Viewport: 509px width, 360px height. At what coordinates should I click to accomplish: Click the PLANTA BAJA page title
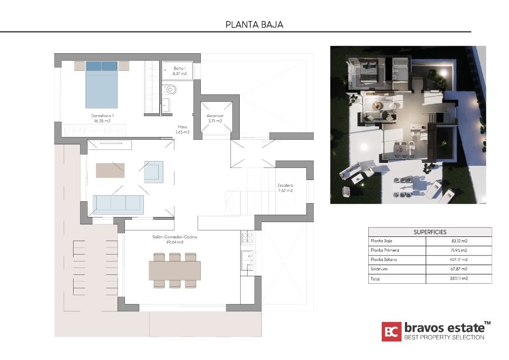pos(254,25)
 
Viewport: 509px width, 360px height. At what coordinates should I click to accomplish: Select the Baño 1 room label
pos(180,70)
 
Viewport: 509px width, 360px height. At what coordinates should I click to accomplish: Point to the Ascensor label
pos(215,118)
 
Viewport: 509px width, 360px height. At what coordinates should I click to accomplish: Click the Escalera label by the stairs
pos(285,187)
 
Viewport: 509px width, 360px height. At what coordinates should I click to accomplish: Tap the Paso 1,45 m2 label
pos(182,129)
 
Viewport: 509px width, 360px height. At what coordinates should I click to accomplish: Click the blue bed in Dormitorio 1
pos(102,86)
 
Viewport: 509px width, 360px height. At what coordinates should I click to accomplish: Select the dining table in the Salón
pos(174,271)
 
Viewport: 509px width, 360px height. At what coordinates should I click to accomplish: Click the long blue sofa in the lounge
pos(118,204)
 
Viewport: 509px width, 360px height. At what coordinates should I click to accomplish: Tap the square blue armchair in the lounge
pos(154,172)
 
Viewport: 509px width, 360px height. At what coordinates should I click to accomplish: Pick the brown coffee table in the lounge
pos(110,170)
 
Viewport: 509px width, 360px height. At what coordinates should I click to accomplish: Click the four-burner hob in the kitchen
pos(247,238)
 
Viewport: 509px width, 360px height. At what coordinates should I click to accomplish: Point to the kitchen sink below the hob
pos(247,260)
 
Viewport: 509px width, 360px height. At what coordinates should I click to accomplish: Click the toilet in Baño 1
pos(169,89)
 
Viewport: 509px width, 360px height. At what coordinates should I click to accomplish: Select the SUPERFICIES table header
pos(430,232)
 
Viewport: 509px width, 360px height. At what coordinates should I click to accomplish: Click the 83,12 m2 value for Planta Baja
pos(458,241)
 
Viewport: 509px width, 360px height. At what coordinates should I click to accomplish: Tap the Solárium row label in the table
pos(379,269)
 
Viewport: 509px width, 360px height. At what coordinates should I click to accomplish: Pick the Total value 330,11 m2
pos(458,279)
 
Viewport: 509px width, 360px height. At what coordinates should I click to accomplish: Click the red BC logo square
pos(391,331)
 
